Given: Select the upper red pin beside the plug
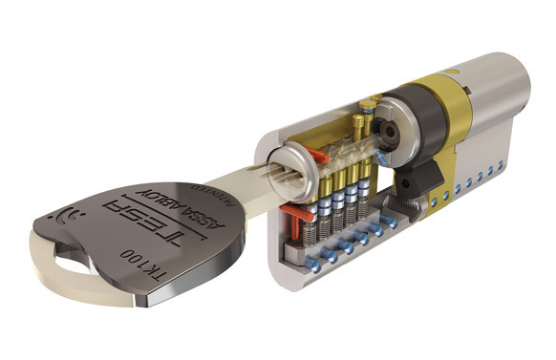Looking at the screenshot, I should pyautogui.click(x=318, y=153).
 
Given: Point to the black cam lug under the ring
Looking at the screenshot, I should pyautogui.click(x=421, y=176).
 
